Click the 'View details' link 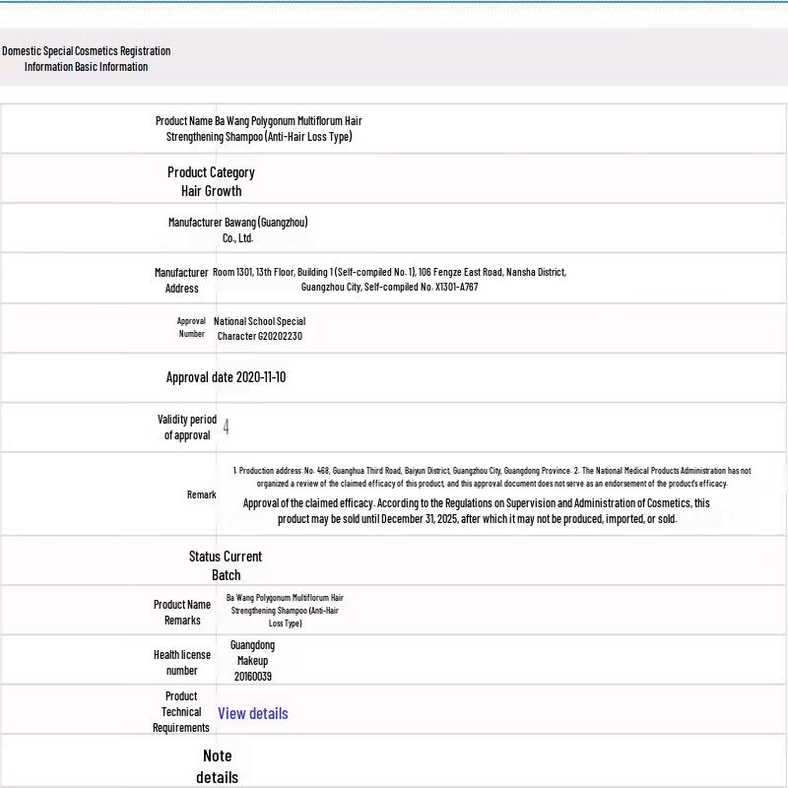coord(253,713)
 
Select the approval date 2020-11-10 coord(261,377)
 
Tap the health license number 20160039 coord(253,677)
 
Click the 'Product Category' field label coord(211,172)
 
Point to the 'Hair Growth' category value coord(211,191)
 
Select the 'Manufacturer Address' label coord(181,280)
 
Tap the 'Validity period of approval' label coord(187,427)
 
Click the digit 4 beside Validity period coord(227,427)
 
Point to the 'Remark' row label coord(201,494)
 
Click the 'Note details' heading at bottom coord(217,766)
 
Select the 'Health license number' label coord(181,662)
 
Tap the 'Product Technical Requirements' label coord(181,711)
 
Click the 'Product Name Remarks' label coord(182,612)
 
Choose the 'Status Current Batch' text coord(226,565)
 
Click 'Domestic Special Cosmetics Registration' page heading coord(86,51)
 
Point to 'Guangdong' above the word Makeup coord(252,645)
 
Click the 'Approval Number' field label coord(192,327)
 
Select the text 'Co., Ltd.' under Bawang coord(237,237)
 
